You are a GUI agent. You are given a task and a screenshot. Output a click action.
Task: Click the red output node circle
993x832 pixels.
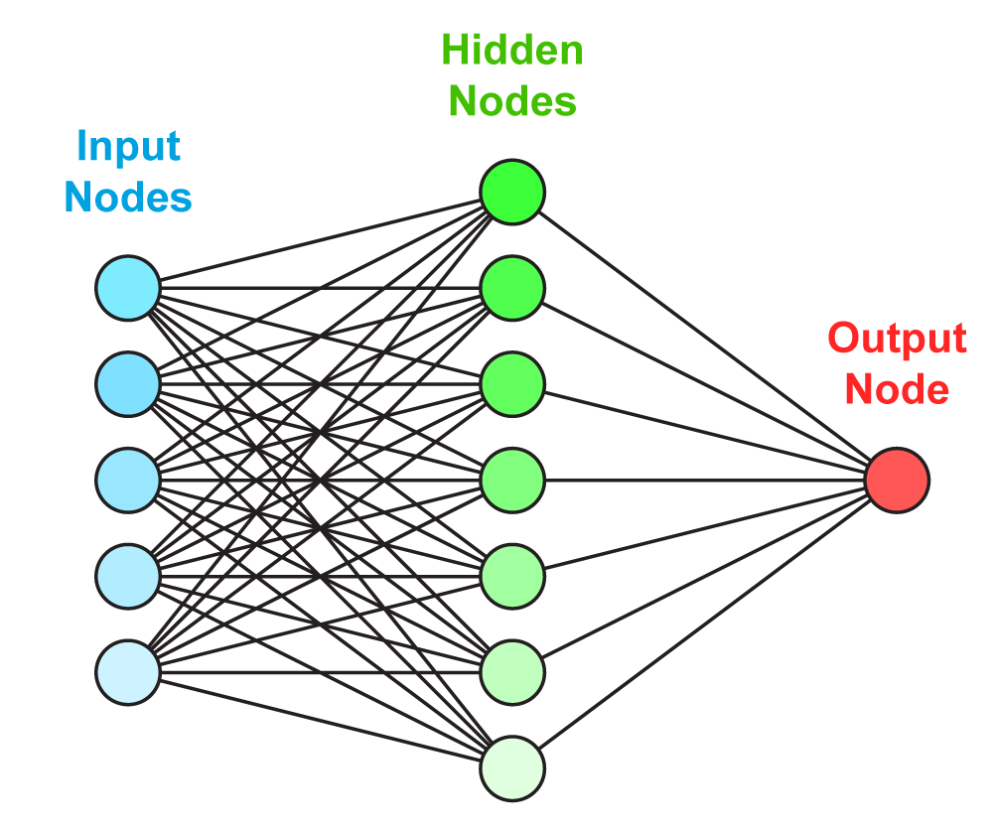(897, 481)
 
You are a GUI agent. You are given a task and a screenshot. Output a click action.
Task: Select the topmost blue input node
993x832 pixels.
(128, 288)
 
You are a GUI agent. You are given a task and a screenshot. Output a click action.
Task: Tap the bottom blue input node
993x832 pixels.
(128, 673)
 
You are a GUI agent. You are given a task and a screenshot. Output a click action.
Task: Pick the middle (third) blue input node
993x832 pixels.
(128, 481)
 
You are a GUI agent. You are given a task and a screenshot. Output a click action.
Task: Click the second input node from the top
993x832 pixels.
(128, 384)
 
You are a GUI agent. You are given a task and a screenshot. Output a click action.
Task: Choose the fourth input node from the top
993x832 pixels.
(128, 577)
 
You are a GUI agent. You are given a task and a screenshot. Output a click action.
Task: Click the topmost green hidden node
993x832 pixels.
(512, 192)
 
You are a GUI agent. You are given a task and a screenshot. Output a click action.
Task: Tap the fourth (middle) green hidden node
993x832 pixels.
(512, 481)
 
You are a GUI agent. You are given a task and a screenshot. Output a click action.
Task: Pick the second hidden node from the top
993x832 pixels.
(512, 288)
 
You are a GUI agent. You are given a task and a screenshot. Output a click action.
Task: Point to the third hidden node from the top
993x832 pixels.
(512, 384)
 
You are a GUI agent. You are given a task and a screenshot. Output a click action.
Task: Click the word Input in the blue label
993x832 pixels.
(128, 148)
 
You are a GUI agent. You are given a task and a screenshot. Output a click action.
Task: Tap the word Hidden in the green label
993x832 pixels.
(512, 51)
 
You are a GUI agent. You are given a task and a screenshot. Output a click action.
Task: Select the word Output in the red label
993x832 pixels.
(897, 340)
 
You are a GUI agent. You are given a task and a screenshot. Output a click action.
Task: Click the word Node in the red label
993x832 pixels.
(897, 388)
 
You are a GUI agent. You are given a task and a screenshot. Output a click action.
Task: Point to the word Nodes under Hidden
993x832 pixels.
(512, 101)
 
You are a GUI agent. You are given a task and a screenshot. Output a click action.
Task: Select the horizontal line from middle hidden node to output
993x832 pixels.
(705, 481)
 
